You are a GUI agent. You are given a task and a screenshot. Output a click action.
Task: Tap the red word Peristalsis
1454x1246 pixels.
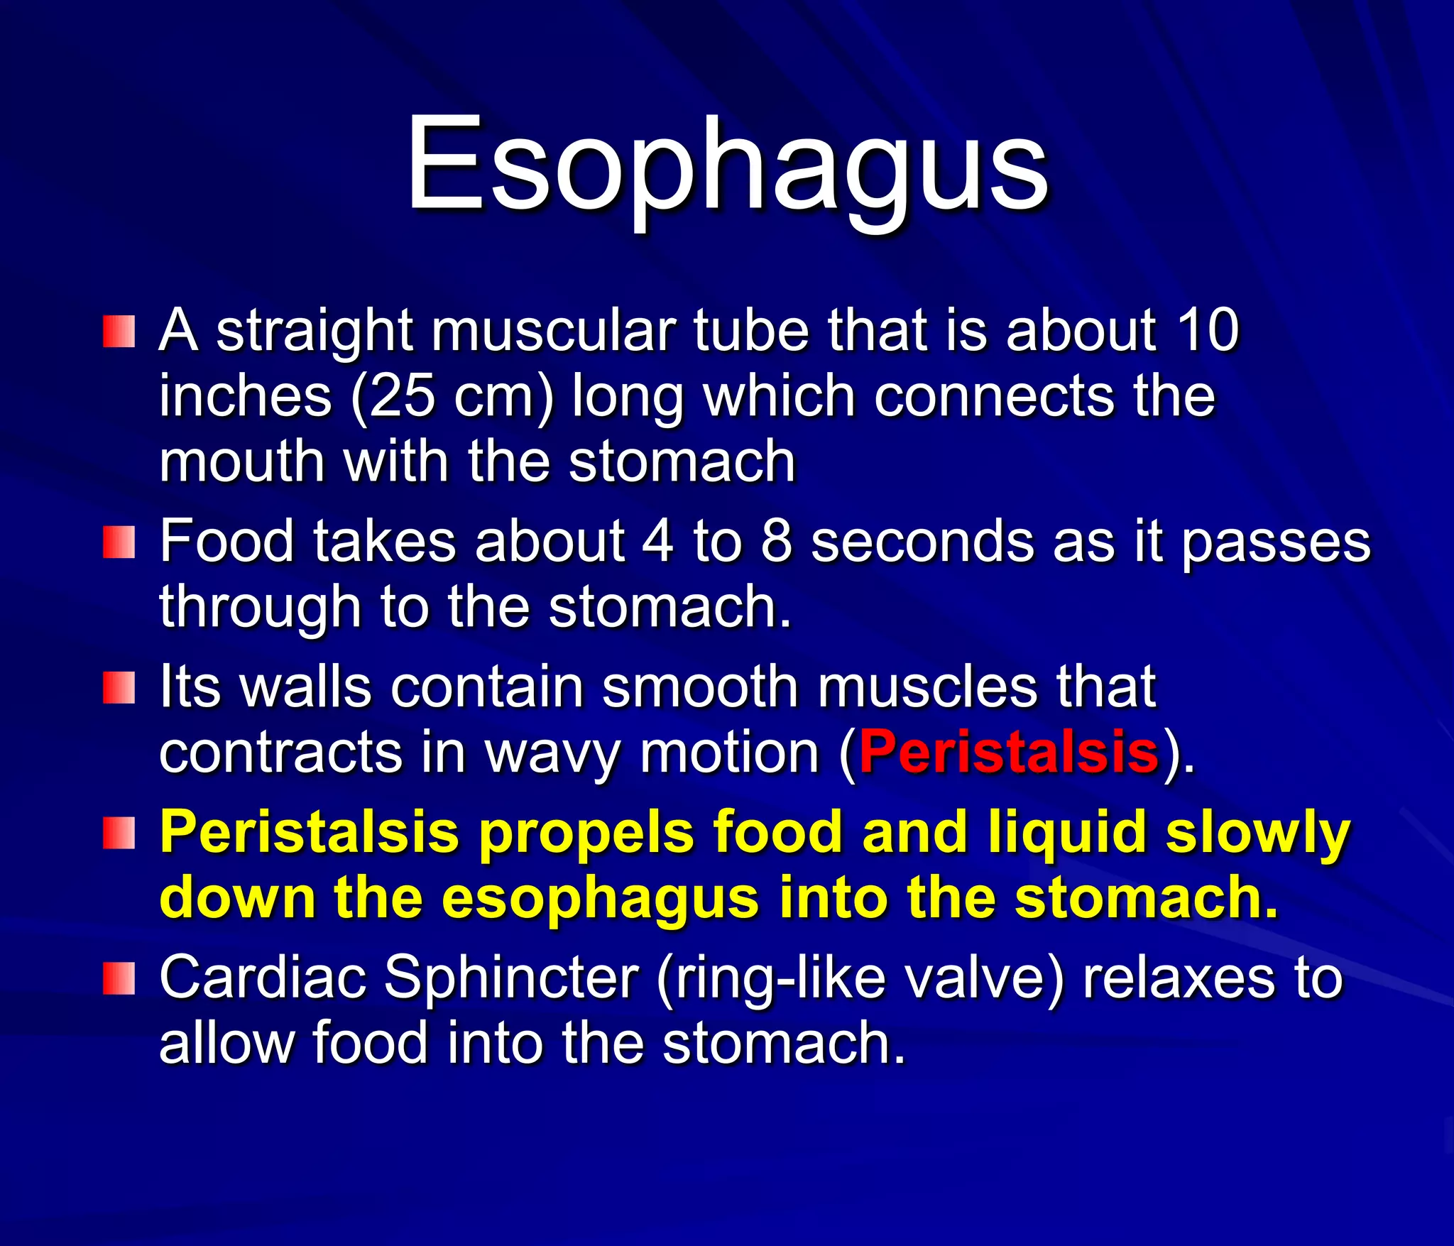point(1009,752)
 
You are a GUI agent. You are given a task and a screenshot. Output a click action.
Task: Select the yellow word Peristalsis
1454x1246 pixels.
point(309,832)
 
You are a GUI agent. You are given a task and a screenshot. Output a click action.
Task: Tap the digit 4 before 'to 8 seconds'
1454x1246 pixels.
point(657,541)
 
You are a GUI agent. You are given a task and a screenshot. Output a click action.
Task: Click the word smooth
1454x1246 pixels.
point(700,687)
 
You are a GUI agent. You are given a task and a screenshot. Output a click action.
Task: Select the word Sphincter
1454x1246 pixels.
point(512,978)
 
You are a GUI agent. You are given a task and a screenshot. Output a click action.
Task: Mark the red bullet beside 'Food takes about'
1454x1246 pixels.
point(119,543)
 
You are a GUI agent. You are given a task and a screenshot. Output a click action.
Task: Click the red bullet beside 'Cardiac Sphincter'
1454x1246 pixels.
point(119,979)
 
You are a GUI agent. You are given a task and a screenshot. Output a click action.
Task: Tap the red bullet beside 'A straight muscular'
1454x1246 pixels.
point(119,332)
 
